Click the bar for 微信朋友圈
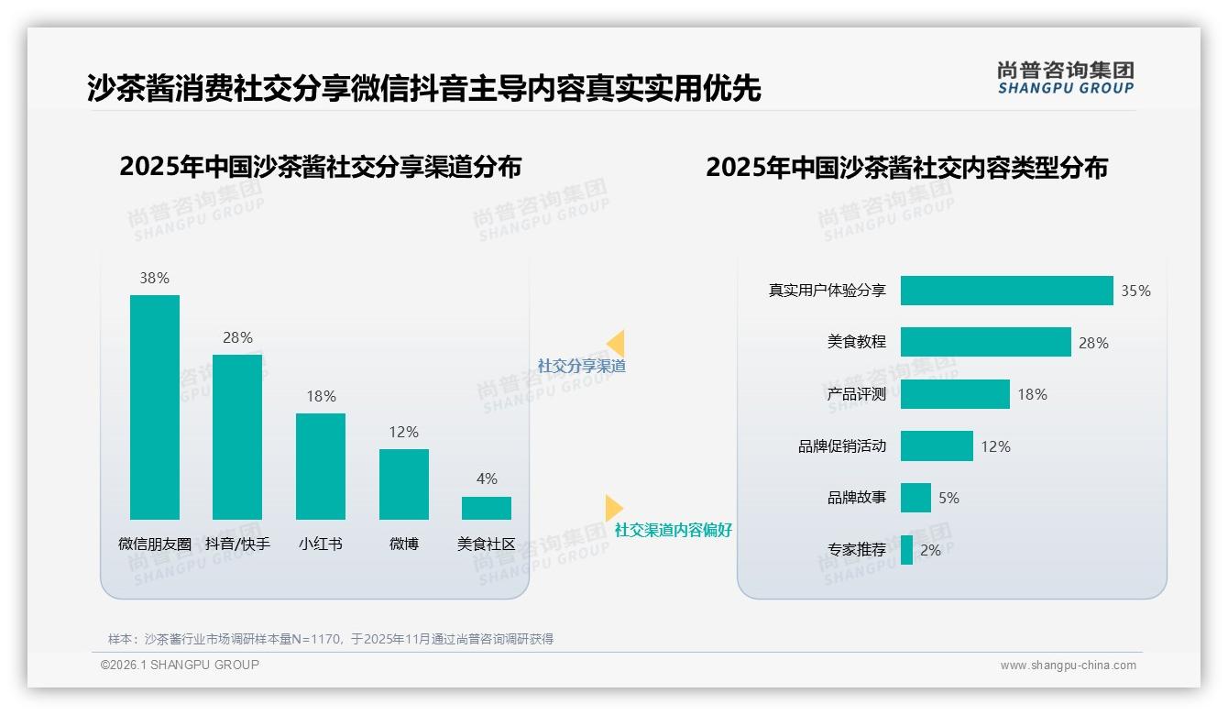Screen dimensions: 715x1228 coord(155,407)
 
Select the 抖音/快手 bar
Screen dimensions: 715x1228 coord(237,437)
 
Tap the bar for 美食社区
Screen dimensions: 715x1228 coord(487,508)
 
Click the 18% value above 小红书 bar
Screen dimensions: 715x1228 coord(321,396)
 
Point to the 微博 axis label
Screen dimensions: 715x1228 coord(404,544)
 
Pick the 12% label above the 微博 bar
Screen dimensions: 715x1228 coord(404,432)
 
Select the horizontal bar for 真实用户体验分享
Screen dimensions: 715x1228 coord(1006,291)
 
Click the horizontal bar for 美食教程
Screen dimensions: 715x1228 coord(985,342)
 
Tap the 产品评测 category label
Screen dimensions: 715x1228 coord(856,394)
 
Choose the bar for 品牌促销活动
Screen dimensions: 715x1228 coord(937,446)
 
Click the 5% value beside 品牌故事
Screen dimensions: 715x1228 coord(948,498)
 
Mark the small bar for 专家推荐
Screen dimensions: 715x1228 coord(906,550)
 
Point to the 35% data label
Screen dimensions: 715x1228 coord(1135,291)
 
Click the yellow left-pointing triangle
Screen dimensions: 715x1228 coord(615,344)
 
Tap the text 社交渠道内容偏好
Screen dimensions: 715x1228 coord(673,530)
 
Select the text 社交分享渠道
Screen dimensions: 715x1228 coord(581,366)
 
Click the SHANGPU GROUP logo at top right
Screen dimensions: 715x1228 coord(1065,78)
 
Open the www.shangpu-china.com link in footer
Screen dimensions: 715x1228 coord(1068,665)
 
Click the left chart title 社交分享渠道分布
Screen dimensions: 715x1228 coord(320,167)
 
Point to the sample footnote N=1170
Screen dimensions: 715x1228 coord(330,639)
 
